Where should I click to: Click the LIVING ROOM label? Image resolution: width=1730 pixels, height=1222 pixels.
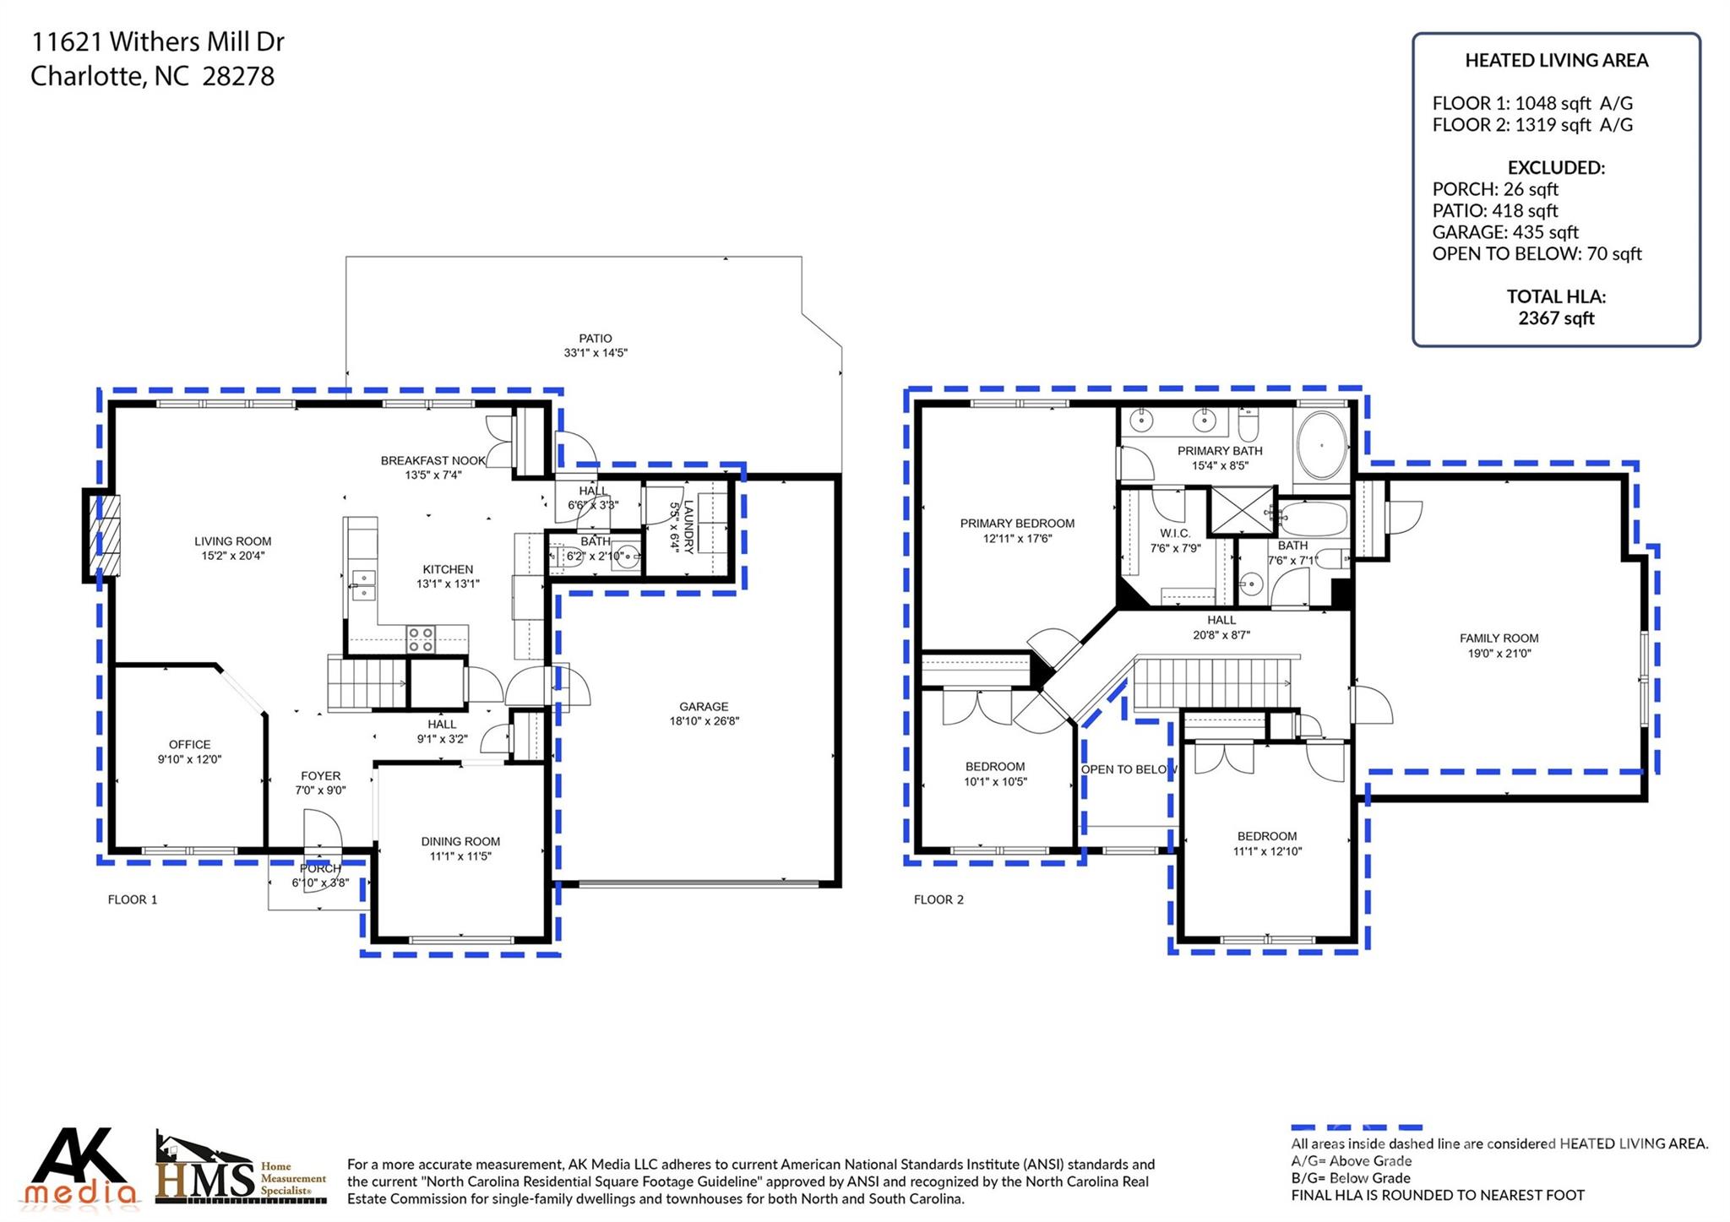(232, 541)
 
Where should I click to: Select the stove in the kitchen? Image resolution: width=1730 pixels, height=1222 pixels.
(420, 639)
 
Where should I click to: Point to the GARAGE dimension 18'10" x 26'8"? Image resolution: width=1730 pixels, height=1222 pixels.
(704, 721)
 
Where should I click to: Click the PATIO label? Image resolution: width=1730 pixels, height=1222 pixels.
(595, 339)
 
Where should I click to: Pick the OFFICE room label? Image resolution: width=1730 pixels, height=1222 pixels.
(189, 745)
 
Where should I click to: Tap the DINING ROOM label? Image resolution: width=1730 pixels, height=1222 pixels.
(460, 841)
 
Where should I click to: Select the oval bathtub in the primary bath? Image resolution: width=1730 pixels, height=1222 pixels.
(1321, 447)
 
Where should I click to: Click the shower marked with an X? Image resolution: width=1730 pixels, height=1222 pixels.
(1242, 510)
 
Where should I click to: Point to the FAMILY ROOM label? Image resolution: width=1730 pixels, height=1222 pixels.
(1499, 638)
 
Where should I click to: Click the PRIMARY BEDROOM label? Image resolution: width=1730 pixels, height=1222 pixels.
(1017, 524)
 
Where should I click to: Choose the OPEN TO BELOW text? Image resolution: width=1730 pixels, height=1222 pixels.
(1129, 769)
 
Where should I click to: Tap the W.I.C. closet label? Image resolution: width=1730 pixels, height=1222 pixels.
(1174, 534)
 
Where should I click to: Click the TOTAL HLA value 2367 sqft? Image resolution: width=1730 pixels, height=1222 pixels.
(1556, 318)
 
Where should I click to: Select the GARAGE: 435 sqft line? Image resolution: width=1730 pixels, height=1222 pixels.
(1504, 232)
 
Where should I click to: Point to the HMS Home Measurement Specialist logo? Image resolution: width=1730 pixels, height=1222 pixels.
(241, 1170)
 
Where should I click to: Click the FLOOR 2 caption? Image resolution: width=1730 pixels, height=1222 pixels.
(938, 899)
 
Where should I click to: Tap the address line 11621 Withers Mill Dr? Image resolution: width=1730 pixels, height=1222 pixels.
(158, 41)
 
